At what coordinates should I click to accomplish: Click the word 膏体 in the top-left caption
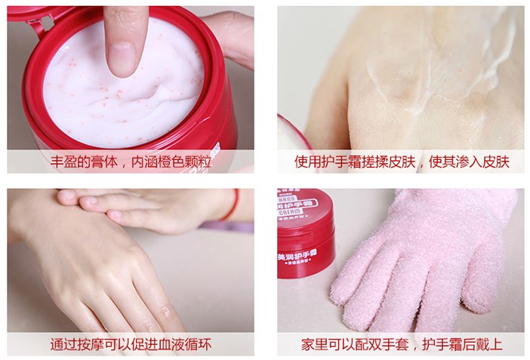pyautogui.click(x=97, y=163)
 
